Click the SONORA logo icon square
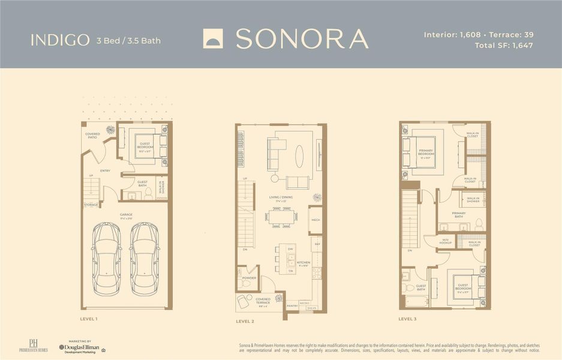213,38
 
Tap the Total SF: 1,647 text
503,45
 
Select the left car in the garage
106,256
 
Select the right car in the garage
144,256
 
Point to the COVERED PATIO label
92,136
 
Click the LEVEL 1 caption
89,319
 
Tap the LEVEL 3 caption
407,319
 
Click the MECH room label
315,220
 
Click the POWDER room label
249,278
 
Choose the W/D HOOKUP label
445,242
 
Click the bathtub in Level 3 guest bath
416,301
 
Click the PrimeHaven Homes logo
33,346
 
